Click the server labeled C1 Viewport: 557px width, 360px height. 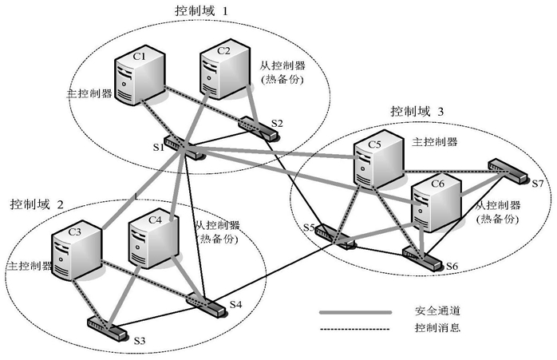click(139, 76)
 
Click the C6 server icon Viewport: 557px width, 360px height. click(437, 200)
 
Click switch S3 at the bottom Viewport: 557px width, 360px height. click(105, 326)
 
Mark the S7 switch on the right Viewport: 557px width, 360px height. click(505, 168)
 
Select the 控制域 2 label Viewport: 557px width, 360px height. click(37, 204)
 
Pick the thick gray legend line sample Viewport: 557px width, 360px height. click(354, 312)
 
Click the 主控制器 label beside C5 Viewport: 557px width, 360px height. click(436, 142)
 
